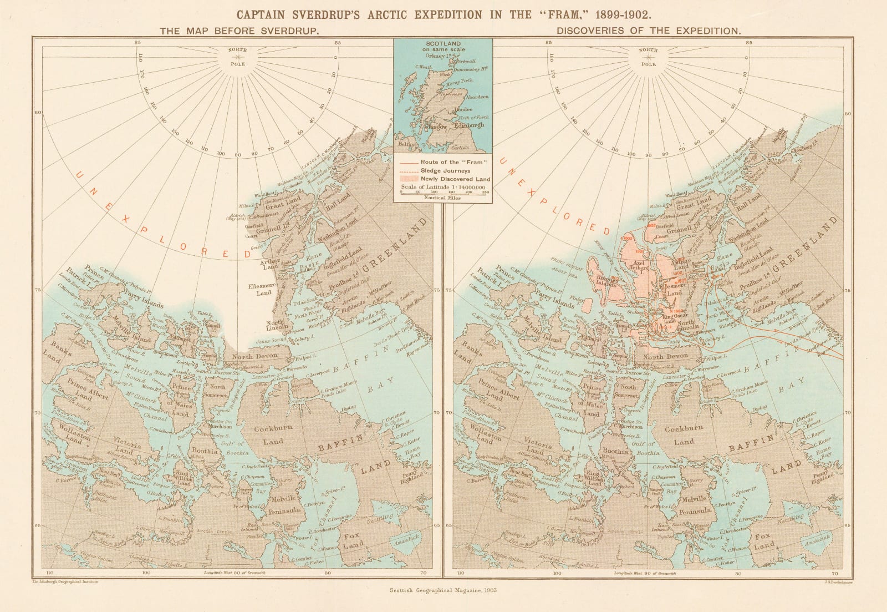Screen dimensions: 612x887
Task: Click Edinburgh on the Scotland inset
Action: coord(468,125)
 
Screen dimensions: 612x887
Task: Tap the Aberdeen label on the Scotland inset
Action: coord(477,97)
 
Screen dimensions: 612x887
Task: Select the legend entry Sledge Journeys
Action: coord(445,171)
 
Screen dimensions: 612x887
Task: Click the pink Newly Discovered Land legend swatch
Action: coord(408,179)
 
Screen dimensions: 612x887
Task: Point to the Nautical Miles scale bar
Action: coord(442,193)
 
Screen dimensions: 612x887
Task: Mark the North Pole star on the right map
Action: coord(648,57)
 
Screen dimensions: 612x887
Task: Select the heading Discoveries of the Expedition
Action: coord(648,31)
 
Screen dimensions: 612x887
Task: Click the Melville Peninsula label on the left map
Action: coord(286,504)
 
